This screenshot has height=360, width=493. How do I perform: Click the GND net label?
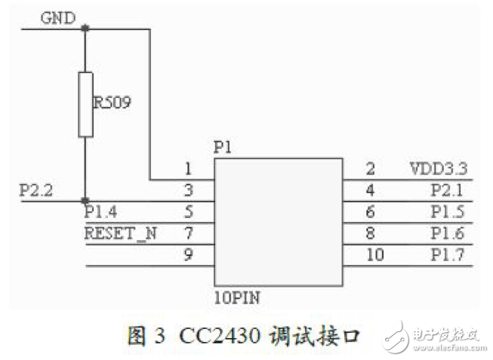click(57, 17)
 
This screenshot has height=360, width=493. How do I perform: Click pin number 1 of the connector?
click(189, 169)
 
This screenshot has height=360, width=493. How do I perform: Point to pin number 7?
click(189, 234)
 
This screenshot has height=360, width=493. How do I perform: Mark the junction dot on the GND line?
click(85, 29)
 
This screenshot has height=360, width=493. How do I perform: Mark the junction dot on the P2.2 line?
click(85, 202)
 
